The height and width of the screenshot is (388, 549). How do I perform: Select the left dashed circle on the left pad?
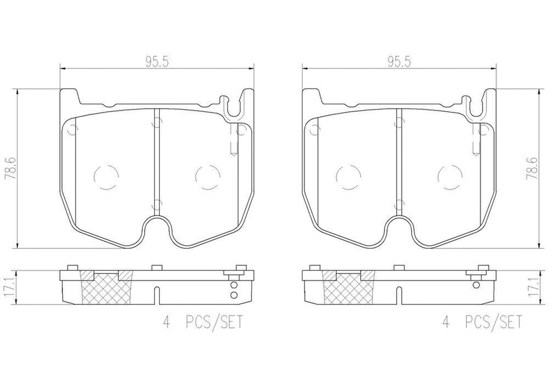(x=105, y=175)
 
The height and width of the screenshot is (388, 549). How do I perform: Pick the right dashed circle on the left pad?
(x=207, y=175)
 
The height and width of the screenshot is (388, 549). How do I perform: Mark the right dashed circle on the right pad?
(x=449, y=175)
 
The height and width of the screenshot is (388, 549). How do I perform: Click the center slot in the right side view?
(x=397, y=295)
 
